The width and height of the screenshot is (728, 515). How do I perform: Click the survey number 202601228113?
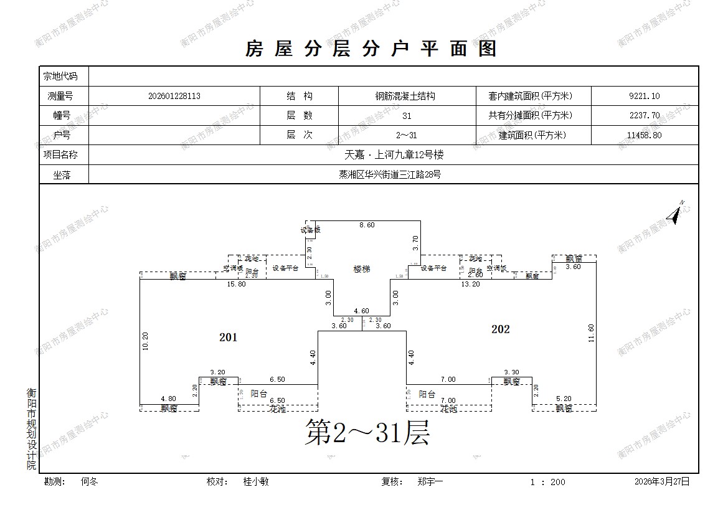[x=174, y=97]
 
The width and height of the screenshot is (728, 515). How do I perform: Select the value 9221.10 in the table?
[x=645, y=97]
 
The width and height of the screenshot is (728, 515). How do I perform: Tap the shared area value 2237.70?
[x=645, y=116]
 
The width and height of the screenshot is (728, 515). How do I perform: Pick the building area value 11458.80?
[x=645, y=135]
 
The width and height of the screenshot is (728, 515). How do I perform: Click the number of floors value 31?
[x=407, y=116]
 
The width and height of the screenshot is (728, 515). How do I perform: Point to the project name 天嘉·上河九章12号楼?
[x=394, y=155]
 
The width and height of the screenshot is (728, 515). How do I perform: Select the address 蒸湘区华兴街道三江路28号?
[x=394, y=175]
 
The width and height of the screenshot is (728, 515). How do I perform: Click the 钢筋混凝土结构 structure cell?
[x=405, y=97]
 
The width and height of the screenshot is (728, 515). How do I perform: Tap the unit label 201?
[x=229, y=338]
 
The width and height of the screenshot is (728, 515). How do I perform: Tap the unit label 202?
[x=500, y=329]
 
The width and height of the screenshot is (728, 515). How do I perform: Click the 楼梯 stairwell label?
[x=362, y=269]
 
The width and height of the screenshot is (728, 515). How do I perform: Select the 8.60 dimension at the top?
[x=367, y=225]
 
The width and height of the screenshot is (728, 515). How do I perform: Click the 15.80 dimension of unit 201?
[x=237, y=285]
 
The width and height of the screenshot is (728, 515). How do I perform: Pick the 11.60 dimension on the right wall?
[x=590, y=333]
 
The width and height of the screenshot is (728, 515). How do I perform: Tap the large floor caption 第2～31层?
[x=367, y=432]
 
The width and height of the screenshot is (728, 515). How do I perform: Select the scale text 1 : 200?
[x=547, y=482]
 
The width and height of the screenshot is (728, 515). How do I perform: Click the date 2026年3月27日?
[x=662, y=482]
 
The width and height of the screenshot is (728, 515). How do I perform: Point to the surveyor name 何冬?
[x=90, y=482]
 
